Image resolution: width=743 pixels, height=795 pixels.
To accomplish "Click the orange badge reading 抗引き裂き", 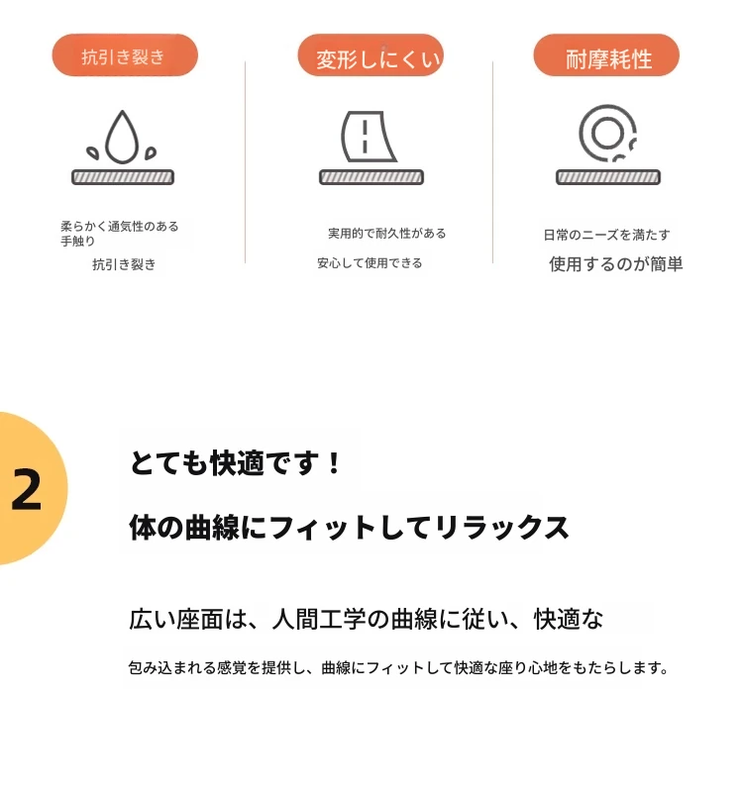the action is pyautogui.click(x=125, y=55).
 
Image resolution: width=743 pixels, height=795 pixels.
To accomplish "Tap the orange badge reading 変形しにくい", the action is pyautogui.click(x=371, y=55).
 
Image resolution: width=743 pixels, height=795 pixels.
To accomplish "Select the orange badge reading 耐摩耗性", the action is pyautogui.click(x=606, y=55).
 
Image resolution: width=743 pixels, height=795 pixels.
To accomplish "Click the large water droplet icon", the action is pyautogui.click(x=122, y=137).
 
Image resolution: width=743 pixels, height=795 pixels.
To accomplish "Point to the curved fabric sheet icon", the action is pyautogui.click(x=368, y=137).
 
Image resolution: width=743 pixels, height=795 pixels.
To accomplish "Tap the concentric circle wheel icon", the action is pyautogui.click(x=607, y=133).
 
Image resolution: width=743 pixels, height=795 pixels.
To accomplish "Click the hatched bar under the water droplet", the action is pyautogui.click(x=123, y=177).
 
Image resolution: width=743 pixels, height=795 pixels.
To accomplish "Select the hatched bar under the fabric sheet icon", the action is pyautogui.click(x=371, y=177).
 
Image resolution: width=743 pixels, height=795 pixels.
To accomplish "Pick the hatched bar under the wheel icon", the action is pyautogui.click(x=608, y=177).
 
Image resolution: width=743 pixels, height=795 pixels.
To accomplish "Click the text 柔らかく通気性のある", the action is pyautogui.click(x=120, y=226).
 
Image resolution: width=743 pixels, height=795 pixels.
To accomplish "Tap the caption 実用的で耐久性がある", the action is pyautogui.click(x=387, y=234).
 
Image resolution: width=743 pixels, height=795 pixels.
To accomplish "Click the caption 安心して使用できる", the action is pyautogui.click(x=370, y=263).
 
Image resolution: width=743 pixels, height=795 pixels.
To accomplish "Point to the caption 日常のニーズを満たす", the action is pyautogui.click(x=606, y=235).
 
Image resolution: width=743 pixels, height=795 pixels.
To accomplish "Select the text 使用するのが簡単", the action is pyautogui.click(x=616, y=264).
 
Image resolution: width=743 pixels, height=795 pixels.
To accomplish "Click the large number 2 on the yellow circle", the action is pyautogui.click(x=27, y=489).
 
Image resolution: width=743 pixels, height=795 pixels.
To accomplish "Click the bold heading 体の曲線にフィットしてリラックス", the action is pyautogui.click(x=349, y=528).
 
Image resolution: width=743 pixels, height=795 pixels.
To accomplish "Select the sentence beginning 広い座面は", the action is pyautogui.click(x=367, y=619).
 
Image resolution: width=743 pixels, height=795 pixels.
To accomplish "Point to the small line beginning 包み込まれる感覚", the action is pyautogui.click(x=398, y=667).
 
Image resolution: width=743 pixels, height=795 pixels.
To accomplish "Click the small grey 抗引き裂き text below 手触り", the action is pyautogui.click(x=124, y=264).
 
